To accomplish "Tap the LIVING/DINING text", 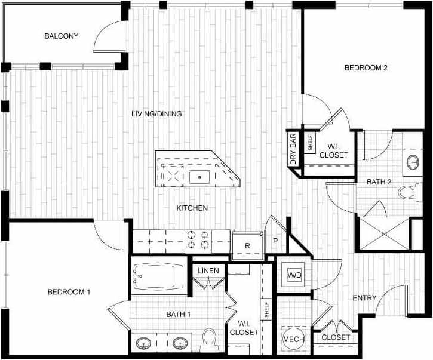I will pos(156,114).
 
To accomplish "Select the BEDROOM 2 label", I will pos(366,68).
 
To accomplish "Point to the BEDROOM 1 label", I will pos(69,292).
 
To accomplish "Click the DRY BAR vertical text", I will pos(293,149).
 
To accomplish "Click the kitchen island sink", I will pos(199,176).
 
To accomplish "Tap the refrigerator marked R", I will pos(247,245).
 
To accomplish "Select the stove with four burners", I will pos(199,240).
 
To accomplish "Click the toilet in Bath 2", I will pos(409,192).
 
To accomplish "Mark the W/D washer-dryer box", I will pos(294,275).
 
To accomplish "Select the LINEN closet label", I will pos(208,271).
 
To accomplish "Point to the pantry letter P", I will pos(275,241).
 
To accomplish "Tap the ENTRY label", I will pos(364,298).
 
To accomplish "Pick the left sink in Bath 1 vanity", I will pos(143,343).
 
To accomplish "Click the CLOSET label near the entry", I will pos(336,338).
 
